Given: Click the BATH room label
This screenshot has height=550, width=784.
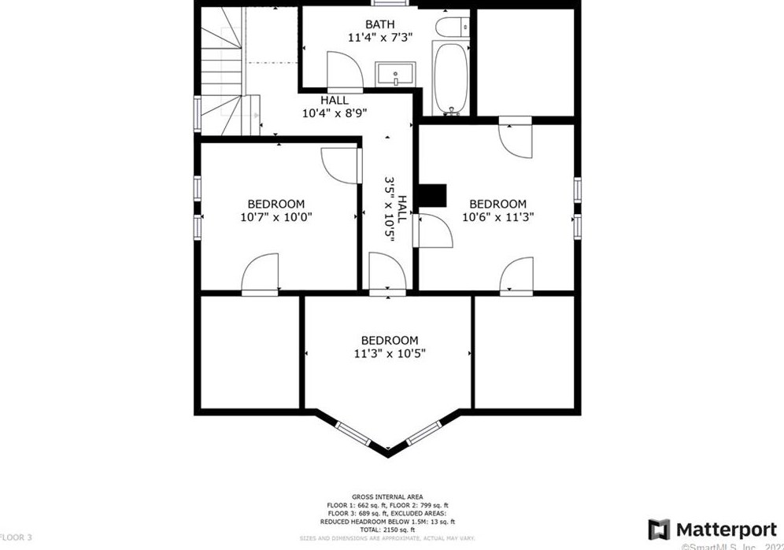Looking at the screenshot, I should click(x=380, y=24).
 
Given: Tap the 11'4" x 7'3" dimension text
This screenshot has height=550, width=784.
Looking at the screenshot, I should click(x=380, y=37).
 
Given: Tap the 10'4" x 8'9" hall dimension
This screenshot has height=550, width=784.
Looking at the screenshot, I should click(x=335, y=113).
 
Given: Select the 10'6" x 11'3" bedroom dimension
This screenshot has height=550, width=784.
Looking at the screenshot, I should click(x=494, y=217).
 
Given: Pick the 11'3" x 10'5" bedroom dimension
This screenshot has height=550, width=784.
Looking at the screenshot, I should click(x=390, y=354).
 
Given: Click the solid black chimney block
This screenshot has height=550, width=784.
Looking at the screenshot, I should click(x=431, y=196).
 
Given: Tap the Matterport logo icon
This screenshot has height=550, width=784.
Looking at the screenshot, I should click(x=659, y=530).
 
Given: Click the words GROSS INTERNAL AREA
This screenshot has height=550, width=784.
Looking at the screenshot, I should click(x=388, y=497).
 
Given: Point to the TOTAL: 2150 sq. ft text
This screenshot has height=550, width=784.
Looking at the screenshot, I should click(x=388, y=530).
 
